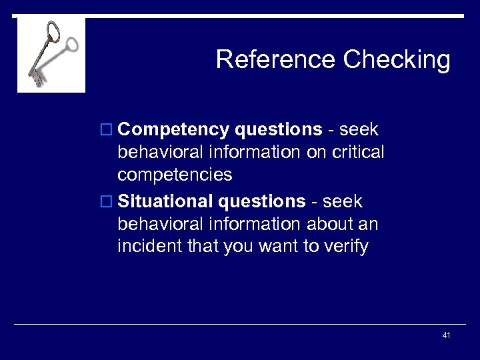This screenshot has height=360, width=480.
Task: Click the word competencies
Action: click(175, 175)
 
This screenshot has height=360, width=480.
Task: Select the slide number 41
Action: click(446, 335)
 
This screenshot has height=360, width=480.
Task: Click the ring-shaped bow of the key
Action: click(53, 31)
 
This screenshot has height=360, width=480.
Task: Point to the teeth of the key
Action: click(36, 79)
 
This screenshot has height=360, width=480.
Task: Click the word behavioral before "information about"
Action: click(161, 223)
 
